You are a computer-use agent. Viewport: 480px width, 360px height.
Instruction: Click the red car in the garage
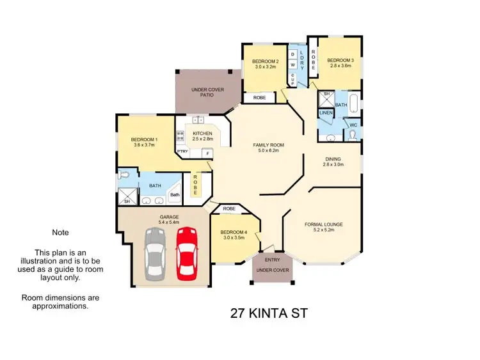point(186,254)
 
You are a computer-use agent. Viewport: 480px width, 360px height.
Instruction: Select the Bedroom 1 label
point(144,139)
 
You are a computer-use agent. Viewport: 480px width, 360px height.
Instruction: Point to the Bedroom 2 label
point(264,62)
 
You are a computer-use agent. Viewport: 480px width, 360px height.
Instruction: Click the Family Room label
point(270,145)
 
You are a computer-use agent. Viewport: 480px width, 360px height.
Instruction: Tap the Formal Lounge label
point(324,224)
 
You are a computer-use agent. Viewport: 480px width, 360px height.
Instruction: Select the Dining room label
point(333,159)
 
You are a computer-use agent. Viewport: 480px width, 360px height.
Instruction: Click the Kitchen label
point(202,134)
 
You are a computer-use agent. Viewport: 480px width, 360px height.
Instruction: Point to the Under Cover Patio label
point(208,90)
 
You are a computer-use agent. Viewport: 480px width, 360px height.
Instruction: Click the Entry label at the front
point(272,260)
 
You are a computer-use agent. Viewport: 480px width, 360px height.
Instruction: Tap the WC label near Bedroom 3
point(353,125)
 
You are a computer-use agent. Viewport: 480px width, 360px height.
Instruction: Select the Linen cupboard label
point(326,113)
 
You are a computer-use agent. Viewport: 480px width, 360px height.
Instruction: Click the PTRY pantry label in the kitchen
point(182,152)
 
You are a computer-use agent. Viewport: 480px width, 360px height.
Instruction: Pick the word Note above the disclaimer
point(60,233)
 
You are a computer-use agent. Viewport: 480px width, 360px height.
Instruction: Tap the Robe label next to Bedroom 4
point(229,209)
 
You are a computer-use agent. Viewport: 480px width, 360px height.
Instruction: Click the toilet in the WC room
point(353,134)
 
